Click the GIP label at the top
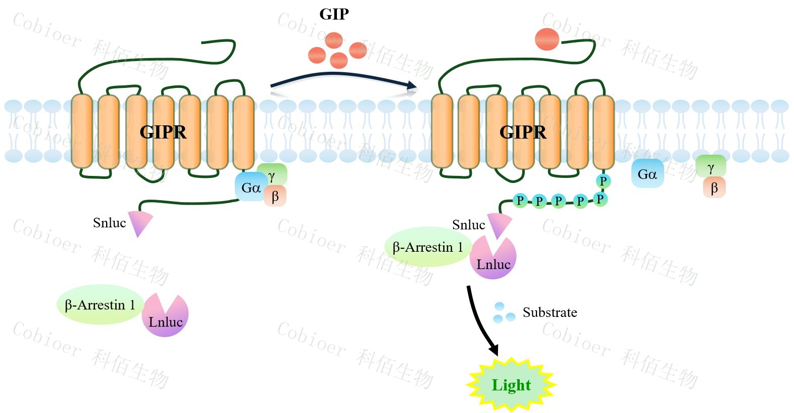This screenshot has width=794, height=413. coord(334,14)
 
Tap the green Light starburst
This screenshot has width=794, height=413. coord(511,385)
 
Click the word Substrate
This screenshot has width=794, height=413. coord(550,312)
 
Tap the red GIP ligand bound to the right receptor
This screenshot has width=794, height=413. coord(547,39)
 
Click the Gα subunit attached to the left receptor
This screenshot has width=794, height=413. coord(250,188)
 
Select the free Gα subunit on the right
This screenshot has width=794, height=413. coord(647,174)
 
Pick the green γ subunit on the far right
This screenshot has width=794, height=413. coord(711,166)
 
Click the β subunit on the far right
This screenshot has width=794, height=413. coord(714,188)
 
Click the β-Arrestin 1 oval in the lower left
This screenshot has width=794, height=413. coord(100,305)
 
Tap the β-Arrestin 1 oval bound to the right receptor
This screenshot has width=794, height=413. coord(427,247)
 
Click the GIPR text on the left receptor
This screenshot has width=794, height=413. coord(163,132)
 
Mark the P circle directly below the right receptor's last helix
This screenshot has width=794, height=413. coord(603,180)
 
